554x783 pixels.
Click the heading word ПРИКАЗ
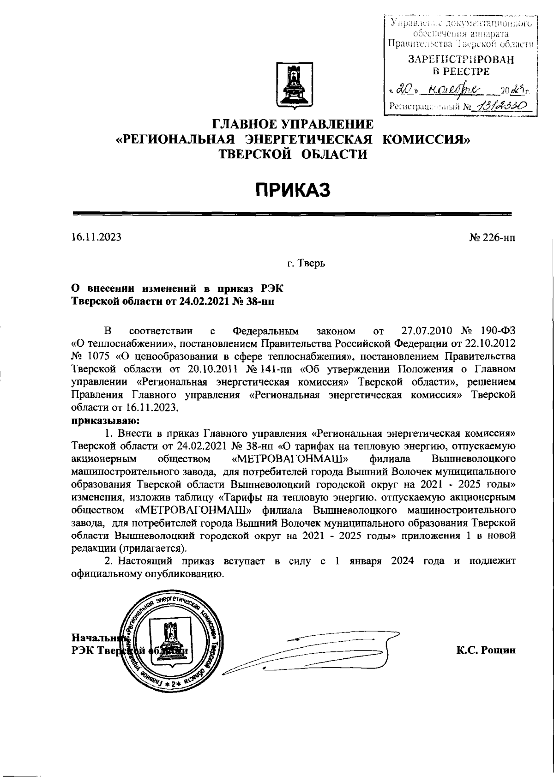click(x=294, y=190)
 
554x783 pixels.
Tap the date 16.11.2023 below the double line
click(x=96, y=237)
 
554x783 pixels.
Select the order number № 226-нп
click(x=492, y=238)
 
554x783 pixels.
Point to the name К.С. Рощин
click(x=486, y=650)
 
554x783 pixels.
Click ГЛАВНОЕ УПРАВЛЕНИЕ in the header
click(x=292, y=124)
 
